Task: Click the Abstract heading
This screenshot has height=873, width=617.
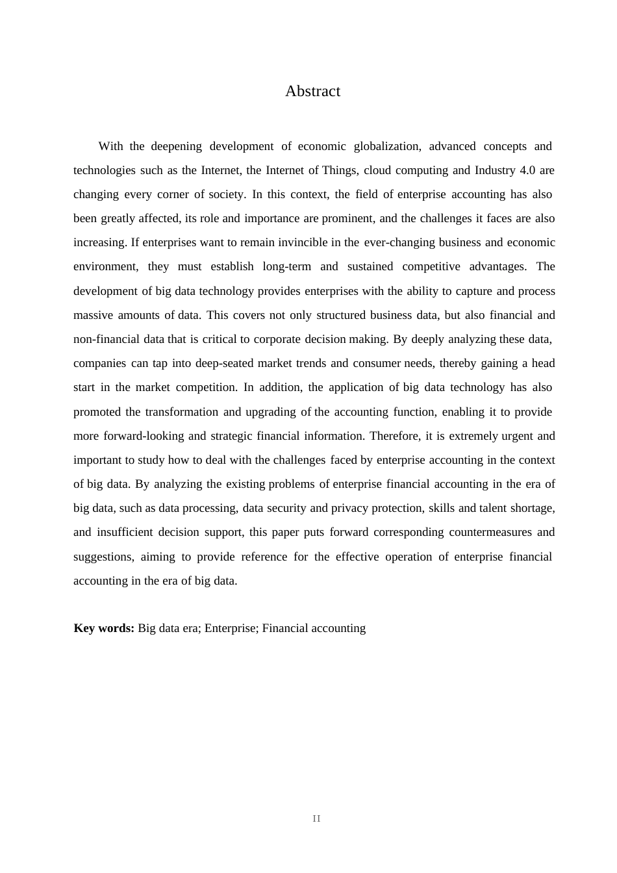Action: (x=312, y=91)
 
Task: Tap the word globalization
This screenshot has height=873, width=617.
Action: (x=387, y=146)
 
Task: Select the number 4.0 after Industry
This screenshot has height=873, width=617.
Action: (x=528, y=170)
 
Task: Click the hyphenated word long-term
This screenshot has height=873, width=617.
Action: (x=286, y=266)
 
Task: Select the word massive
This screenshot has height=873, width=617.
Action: (x=93, y=315)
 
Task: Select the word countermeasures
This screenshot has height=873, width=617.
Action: (x=490, y=532)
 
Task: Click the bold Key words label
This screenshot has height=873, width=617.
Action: (x=104, y=628)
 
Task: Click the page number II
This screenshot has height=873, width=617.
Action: (x=316, y=818)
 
